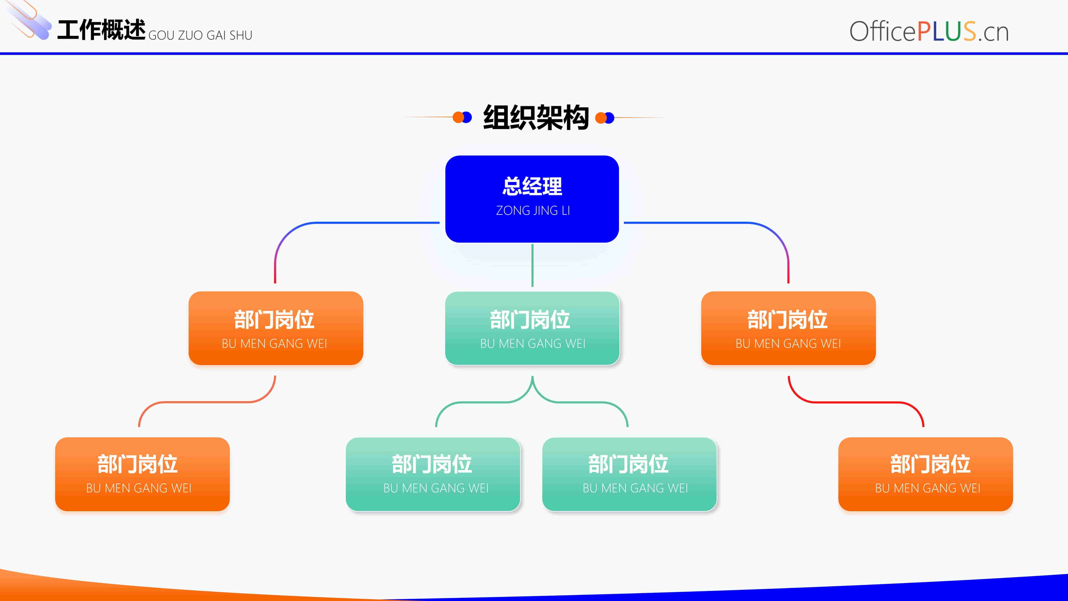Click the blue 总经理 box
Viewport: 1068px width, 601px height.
pyautogui.click(x=532, y=199)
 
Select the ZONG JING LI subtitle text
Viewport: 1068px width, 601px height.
pyautogui.click(x=533, y=211)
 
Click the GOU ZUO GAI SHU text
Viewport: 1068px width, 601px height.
pyautogui.click(x=200, y=35)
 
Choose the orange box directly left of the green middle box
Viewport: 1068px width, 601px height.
pyautogui.click(x=276, y=328)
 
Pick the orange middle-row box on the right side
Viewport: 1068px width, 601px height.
pyautogui.click(x=788, y=328)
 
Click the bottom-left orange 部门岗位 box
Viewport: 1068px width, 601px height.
pyautogui.click(x=142, y=474)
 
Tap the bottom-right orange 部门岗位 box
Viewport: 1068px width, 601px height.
pyautogui.click(x=925, y=474)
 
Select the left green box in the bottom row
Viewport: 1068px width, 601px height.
pyautogui.click(x=433, y=474)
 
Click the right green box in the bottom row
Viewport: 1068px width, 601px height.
pyautogui.click(x=629, y=474)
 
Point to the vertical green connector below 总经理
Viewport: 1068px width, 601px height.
pyautogui.click(x=532, y=265)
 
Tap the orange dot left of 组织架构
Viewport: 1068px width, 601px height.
pyautogui.click(x=458, y=117)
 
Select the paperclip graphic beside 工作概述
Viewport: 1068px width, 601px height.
pyautogui.click(x=29, y=21)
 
